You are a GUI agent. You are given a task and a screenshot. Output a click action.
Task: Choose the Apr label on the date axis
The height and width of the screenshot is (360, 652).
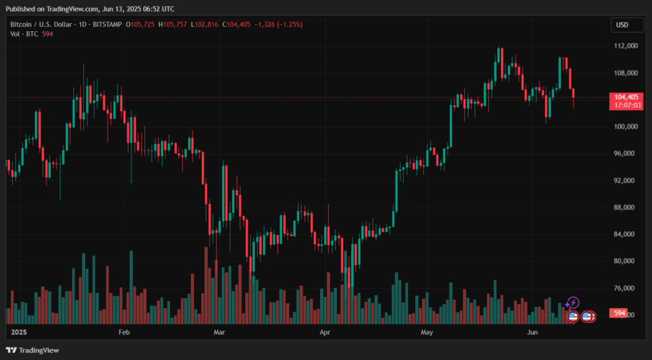[325, 333]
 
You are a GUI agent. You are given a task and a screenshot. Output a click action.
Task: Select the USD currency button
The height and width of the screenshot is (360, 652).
[622, 25]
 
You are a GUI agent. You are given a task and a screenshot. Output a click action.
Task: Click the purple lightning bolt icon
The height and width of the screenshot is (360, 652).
[573, 302]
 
